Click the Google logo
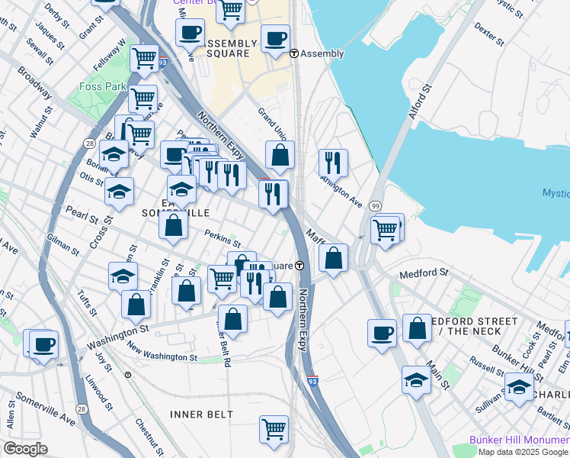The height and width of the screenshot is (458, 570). (x=25, y=449)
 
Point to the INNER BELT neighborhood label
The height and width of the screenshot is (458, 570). (x=201, y=414)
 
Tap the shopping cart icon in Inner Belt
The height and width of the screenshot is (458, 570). (x=274, y=427)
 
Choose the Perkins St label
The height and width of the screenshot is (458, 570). (x=222, y=239)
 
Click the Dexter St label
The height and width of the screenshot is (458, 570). (x=488, y=34)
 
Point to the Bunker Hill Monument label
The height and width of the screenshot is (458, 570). (x=519, y=440)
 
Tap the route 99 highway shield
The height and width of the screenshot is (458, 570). (x=376, y=207)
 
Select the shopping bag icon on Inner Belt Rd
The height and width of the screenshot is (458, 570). (x=232, y=319)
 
